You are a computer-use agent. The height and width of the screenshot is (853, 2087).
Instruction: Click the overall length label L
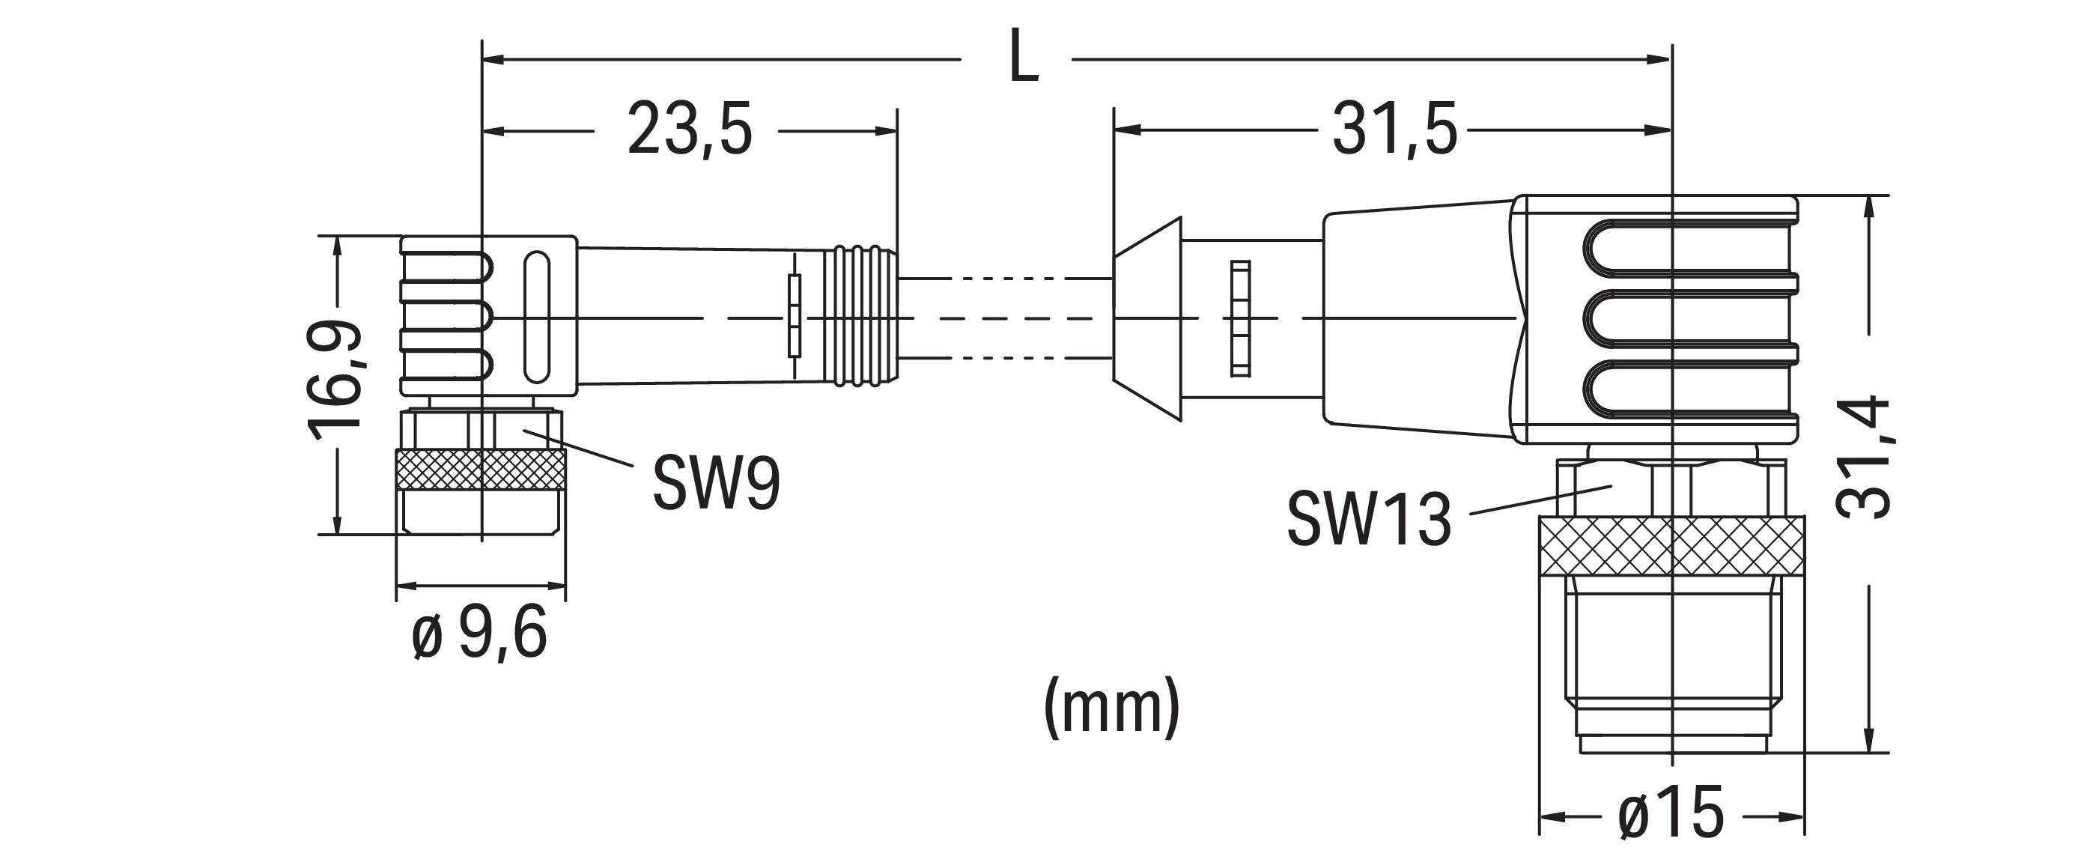1024,57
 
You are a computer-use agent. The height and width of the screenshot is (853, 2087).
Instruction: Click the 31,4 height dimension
1863,458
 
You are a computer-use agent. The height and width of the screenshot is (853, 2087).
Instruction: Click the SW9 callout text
716,484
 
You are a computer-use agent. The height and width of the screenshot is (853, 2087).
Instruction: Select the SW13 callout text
1369,519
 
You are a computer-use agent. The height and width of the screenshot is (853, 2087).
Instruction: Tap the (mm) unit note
1111,706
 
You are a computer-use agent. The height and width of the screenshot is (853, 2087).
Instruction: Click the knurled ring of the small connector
481,469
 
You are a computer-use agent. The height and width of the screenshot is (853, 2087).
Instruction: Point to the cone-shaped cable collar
1147,319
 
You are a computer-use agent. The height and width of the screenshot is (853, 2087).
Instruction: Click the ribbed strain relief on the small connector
861,315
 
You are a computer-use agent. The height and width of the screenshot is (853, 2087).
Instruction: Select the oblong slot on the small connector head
535,317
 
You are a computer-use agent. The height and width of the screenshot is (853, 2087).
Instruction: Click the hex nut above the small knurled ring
481,428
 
